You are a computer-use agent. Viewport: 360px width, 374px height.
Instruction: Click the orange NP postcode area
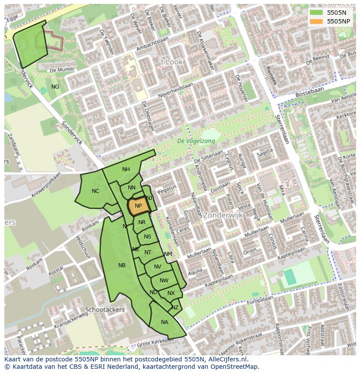click(x=138, y=206)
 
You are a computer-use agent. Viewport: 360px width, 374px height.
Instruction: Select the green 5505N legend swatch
click(x=317, y=13)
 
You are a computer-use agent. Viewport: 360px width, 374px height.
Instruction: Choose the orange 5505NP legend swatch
click(x=317, y=21)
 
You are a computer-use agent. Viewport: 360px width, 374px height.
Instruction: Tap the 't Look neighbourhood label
click(x=171, y=62)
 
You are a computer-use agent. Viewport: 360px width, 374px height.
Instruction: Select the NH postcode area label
click(x=126, y=169)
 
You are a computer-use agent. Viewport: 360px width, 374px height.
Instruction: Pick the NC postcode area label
click(x=96, y=191)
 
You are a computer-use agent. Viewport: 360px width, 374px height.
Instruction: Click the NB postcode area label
click(x=122, y=265)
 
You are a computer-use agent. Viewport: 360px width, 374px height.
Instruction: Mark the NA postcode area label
click(x=164, y=322)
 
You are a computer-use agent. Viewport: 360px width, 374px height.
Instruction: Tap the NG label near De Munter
click(x=55, y=87)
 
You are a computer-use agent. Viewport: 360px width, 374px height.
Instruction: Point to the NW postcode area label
click(x=164, y=281)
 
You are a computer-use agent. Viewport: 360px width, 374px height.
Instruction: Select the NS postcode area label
click(x=148, y=237)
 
